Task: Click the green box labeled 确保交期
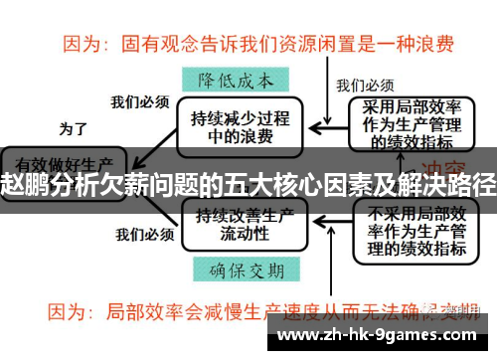[235, 268]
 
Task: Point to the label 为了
[74, 128]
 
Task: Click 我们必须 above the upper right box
[365, 85]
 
